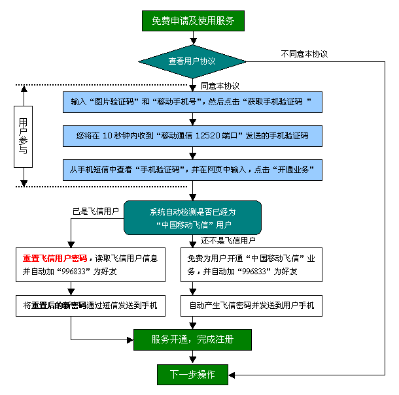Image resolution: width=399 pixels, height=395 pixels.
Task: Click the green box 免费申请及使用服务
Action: tap(192, 20)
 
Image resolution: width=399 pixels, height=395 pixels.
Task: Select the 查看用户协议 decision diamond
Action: tap(192, 61)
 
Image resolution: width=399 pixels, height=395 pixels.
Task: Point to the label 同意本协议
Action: tap(220, 86)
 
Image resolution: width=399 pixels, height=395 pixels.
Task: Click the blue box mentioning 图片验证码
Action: tap(192, 103)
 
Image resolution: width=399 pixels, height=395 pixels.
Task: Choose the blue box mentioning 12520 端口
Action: tap(192, 136)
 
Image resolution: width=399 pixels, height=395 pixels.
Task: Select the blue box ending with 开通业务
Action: tap(192, 169)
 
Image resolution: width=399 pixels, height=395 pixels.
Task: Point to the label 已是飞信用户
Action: tap(95, 212)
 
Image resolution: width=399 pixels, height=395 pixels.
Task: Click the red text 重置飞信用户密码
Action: tap(55, 258)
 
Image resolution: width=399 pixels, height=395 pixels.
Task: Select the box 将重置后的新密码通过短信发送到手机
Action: tap(90, 305)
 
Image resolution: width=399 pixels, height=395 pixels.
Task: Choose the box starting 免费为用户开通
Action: tap(251, 264)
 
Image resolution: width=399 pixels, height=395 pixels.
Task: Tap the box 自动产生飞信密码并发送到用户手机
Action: tap(251, 305)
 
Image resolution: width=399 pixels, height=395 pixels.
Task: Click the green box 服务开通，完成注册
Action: tap(192, 340)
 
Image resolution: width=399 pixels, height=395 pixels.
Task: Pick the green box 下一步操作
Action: tap(192, 374)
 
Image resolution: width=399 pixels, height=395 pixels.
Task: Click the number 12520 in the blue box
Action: tap(211, 136)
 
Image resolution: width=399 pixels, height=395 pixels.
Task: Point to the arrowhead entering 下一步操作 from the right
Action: tap(231, 374)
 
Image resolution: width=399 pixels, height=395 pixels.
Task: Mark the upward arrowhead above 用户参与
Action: tap(24, 91)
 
